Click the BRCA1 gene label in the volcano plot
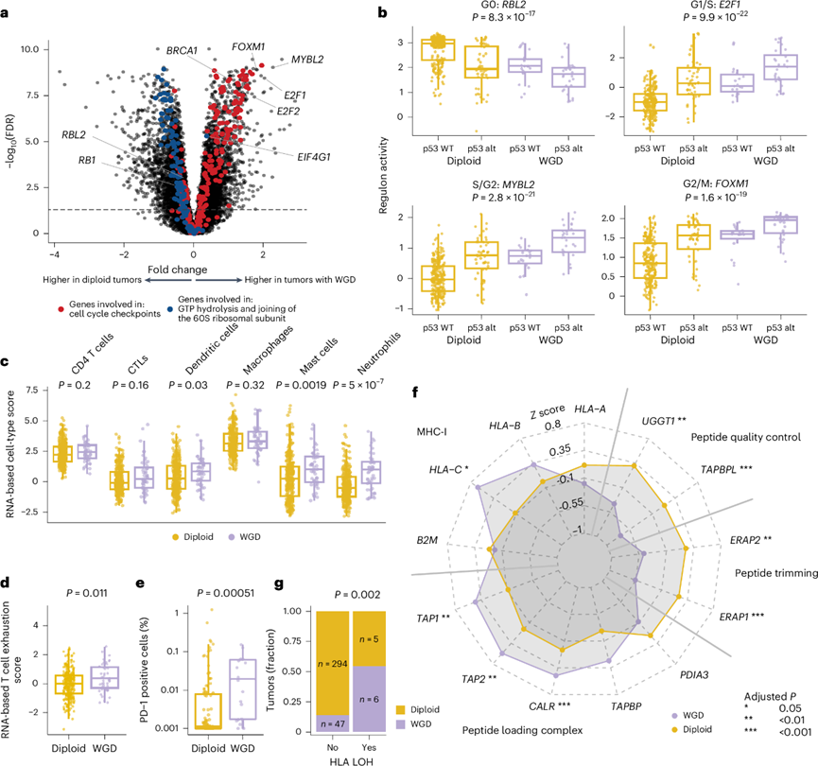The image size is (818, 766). coord(182,49)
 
